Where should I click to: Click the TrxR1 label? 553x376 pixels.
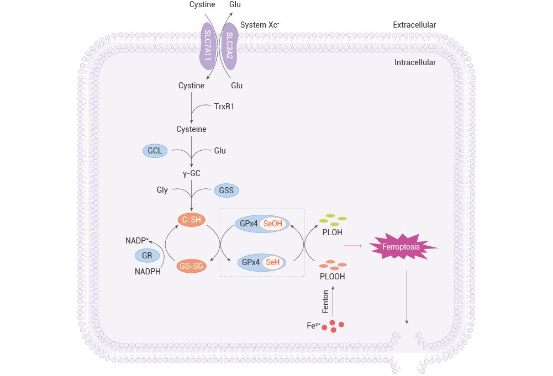point(224,106)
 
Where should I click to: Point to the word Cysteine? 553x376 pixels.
point(192,129)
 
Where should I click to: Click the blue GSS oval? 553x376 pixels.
point(227,190)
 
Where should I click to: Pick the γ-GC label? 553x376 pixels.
point(191,173)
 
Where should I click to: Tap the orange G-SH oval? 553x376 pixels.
point(191,219)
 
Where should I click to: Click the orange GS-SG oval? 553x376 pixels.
point(191,266)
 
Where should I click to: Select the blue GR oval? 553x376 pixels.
point(148,256)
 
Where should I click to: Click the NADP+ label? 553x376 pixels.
point(137,240)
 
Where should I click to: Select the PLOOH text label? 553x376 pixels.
point(332,277)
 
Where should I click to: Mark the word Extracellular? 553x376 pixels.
point(414,25)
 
